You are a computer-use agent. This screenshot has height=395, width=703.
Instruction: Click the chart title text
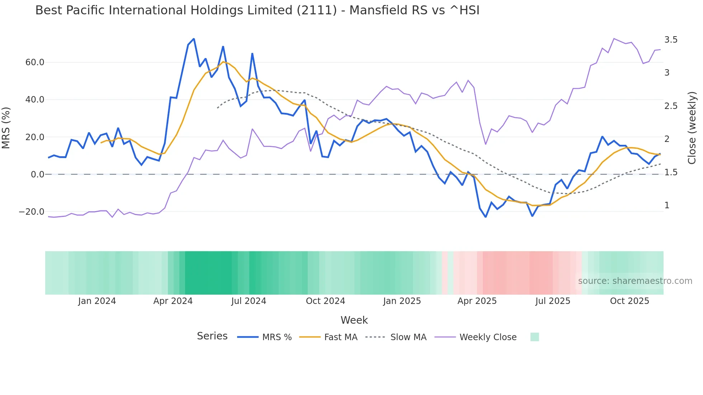tap(257, 10)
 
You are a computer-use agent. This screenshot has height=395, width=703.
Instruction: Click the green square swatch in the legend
tap(534, 337)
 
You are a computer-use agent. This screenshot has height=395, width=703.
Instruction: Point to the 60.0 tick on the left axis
tap(35, 62)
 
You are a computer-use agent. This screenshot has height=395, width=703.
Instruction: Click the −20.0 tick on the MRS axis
tap(32, 212)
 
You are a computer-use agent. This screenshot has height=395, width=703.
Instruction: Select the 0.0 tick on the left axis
tap(37, 175)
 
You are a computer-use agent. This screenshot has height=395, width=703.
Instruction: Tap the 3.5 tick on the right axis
tap(671, 40)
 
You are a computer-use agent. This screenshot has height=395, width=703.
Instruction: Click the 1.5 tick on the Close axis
tap(671, 172)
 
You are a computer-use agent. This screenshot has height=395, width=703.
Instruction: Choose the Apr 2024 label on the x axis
tap(173, 301)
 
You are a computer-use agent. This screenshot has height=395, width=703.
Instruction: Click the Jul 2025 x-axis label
tap(553, 301)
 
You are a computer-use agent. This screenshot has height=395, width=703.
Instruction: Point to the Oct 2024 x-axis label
tap(325, 301)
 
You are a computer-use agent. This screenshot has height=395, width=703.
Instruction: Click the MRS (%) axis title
tap(6, 128)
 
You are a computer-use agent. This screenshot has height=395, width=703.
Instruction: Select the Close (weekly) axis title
tap(692, 128)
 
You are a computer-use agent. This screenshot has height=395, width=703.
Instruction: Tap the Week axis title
tap(354, 320)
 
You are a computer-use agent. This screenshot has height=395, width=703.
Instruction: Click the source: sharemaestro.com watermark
tap(635, 281)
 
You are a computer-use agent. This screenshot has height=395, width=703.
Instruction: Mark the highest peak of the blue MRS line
tap(194, 39)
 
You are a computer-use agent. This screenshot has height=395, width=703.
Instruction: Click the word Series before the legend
tap(212, 336)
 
